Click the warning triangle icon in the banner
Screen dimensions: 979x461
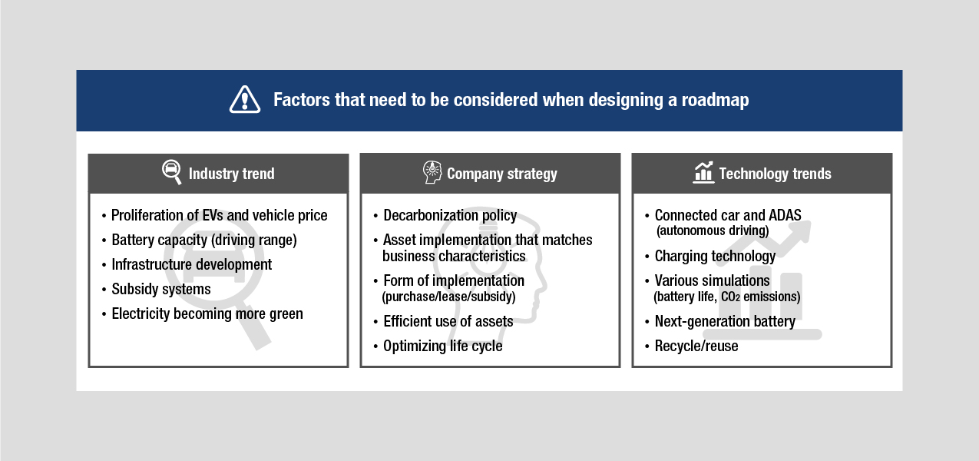point(245,100)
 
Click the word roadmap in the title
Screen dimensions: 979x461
point(715,100)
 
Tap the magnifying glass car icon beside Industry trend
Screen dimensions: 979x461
point(172,172)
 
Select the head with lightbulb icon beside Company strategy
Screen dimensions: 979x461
point(432,172)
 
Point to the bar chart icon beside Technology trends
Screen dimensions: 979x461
point(703,172)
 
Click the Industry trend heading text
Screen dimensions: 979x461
point(232,174)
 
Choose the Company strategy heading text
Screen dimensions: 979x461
point(501,174)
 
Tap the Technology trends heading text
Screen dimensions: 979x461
point(775,174)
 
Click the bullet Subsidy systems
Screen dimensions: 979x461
point(160,289)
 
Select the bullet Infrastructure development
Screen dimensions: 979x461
point(191,264)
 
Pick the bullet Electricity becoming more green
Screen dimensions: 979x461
point(207,313)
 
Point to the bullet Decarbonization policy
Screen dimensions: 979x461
point(450,215)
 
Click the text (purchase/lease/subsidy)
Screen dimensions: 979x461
point(449,297)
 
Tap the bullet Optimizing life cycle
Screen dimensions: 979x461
point(443,346)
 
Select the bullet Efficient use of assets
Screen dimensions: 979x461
point(448,321)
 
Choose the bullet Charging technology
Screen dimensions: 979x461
point(715,257)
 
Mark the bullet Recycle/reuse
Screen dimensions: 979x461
point(696,346)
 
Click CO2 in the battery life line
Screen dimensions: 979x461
point(730,297)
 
